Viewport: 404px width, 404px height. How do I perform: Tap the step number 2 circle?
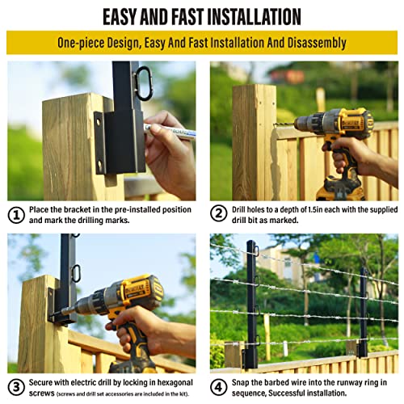tap(219, 215)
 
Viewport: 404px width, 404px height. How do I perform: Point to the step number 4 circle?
tap(219, 386)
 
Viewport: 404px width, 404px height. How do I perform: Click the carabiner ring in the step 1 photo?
tap(144, 82)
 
